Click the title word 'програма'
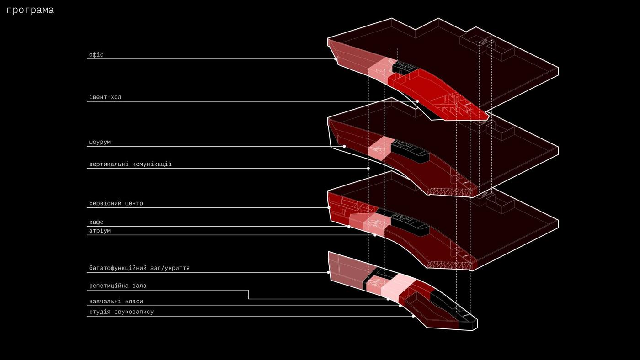click(30, 10)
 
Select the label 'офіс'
click(96, 54)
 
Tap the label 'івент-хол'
click(105, 97)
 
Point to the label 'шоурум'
click(100, 142)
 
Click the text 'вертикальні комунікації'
click(130, 164)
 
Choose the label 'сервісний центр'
click(116, 203)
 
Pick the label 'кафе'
click(96, 222)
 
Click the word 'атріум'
click(100, 231)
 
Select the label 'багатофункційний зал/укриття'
click(139, 268)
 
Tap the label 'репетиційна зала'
click(118, 286)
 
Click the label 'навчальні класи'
click(116, 301)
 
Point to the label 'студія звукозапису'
click(121, 312)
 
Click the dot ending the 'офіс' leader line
click(336, 59)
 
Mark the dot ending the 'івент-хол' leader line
click(417, 101)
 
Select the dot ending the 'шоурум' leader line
click(344, 146)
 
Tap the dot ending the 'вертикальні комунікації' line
click(368, 169)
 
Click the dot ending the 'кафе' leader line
click(349, 227)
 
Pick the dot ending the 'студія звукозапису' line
click(413, 316)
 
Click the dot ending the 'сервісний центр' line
click(329, 207)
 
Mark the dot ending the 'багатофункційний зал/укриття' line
click(328, 272)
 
